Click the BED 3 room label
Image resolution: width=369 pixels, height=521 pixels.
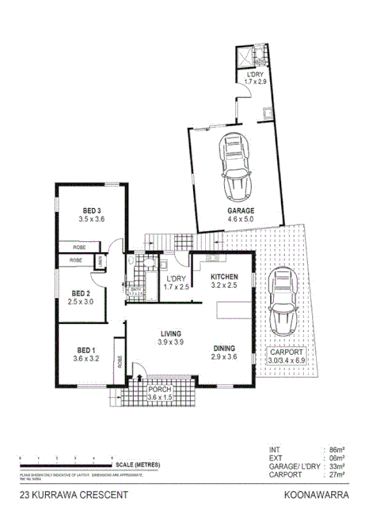[91, 210]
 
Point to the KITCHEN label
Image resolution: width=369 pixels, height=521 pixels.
[224, 277]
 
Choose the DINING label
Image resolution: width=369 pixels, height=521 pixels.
[224, 348]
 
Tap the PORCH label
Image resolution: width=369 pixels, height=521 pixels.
[160, 389]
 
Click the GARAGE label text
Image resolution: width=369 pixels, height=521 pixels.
[241, 211]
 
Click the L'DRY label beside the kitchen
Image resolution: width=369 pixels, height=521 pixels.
[175, 278]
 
